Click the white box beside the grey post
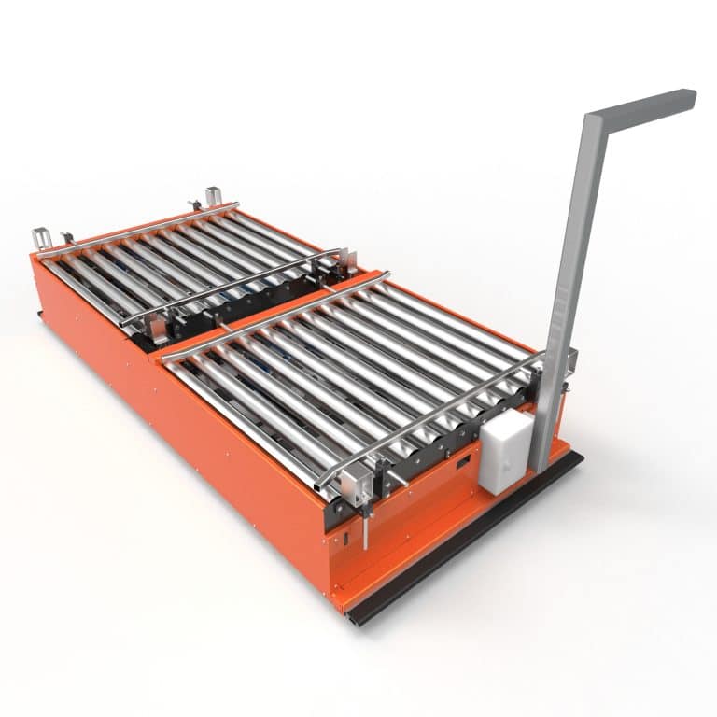504,452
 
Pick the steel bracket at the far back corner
213,198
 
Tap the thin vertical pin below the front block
368,532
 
